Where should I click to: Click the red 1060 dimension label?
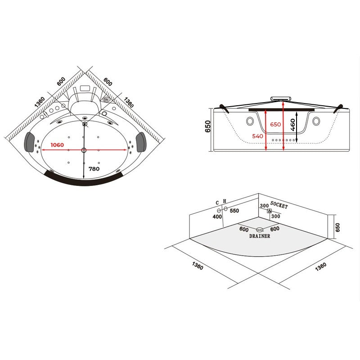pyautogui.click(x=57, y=145)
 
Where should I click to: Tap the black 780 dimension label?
pyautogui.click(x=94, y=169)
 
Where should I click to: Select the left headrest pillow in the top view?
pyautogui.click(x=29, y=142)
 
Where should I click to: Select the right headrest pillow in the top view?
pyautogui.click(x=140, y=142)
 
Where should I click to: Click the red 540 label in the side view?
pyautogui.click(x=257, y=136)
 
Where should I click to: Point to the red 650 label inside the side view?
pyautogui.click(x=275, y=125)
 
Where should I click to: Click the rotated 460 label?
pyautogui.click(x=293, y=125)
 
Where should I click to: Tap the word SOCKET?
pyautogui.click(x=279, y=205)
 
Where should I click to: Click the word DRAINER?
pyautogui.click(x=260, y=236)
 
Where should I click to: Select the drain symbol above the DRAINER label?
pyautogui.click(x=260, y=229)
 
